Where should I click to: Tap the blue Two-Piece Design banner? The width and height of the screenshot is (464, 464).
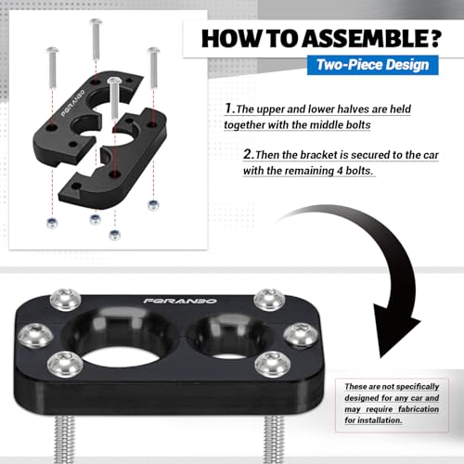[373, 65]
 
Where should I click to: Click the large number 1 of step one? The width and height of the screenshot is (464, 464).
[228, 109]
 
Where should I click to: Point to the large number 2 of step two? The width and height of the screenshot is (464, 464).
[248, 154]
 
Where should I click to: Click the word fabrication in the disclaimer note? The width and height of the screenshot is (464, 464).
[419, 409]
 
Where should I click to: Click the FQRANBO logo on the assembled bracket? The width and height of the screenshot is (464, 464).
[180, 301]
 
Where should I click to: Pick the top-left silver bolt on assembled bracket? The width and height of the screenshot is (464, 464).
[65, 299]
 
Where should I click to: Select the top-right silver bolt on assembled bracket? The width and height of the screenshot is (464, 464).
[269, 299]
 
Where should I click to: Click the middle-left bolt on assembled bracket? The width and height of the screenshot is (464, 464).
[35, 335]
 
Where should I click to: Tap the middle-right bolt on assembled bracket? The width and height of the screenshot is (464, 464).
[301, 334]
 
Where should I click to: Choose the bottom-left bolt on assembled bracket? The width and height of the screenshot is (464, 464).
[65, 364]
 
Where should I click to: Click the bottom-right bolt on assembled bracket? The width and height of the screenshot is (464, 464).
[273, 364]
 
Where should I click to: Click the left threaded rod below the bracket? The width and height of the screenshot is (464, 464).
[65, 439]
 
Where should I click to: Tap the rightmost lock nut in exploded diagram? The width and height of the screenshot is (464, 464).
[153, 205]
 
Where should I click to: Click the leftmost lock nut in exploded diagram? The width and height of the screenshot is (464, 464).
[52, 223]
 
